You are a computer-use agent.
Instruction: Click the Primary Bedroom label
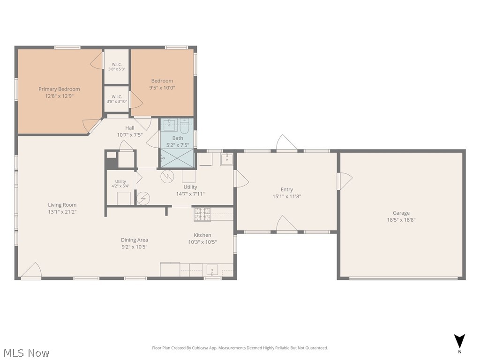pos(59,89)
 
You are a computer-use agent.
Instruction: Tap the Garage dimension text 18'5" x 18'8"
pos(401,220)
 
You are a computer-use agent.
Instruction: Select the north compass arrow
pos(459,341)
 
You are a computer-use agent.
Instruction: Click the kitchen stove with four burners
pos(202,214)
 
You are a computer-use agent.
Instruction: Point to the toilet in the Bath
pos(184,126)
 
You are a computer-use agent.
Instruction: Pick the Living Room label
pos(62,205)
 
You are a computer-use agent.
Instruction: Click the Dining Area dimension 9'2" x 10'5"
pos(135,247)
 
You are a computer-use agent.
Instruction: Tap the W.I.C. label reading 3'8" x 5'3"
pos(117,69)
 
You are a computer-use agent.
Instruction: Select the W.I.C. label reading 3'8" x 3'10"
pos(117,101)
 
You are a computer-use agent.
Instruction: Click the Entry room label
pos(287,189)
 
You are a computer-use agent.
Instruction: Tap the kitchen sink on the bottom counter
pos(212,270)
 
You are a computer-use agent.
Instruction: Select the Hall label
pos(130,128)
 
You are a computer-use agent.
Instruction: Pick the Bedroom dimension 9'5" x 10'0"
pos(162,88)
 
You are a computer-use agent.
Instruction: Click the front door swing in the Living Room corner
pos(31,270)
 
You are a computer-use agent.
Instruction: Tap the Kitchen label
pos(202,235)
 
